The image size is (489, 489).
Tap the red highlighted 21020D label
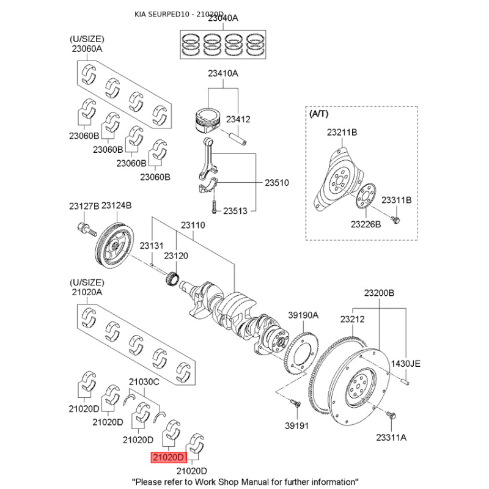168,457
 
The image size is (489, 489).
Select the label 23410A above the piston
222,74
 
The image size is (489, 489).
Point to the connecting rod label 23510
276,183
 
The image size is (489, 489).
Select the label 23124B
116,206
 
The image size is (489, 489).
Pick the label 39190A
304,315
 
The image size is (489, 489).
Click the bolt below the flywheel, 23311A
392,417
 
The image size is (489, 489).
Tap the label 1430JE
406,364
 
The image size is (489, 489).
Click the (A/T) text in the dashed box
319,114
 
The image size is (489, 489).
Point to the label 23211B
342,132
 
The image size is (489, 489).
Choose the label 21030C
144,382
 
